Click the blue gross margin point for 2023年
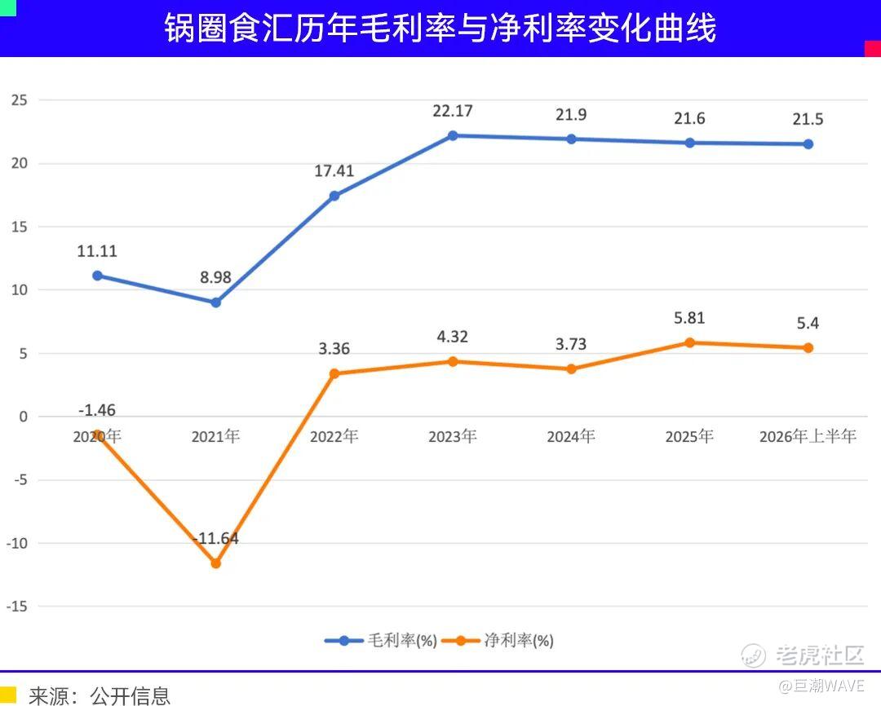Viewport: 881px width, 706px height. pos(452,135)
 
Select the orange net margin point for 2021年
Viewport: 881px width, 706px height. pos(215,563)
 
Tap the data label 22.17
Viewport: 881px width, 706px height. pos(452,111)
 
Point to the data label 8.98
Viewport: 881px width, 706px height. pos(215,277)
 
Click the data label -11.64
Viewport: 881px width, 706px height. pos(215,539)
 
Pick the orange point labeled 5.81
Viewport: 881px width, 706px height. pos(689,342)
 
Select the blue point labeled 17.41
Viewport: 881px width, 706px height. pos(334,196)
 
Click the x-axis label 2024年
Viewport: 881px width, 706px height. pos(571,436)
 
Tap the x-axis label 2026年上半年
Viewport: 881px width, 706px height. pos(808,436)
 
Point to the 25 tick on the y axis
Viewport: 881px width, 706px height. pos(19,100)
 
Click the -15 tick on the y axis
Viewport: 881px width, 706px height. pos(17,607)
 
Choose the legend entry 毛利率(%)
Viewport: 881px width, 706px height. pos(381,640)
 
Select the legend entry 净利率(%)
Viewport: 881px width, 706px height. pos(498,640)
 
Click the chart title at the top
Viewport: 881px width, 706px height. pos(440,28)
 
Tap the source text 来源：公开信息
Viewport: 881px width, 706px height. pos(100,696)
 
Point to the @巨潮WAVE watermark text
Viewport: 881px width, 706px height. pos(821,686)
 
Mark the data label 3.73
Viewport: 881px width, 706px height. pos(571,344)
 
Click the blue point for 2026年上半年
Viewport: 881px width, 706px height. pos(808,144)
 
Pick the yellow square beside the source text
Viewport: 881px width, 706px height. pos(8,695)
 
